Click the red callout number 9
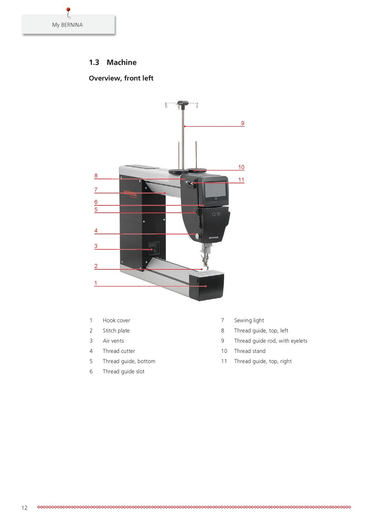[x=242, y=123]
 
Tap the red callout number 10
[x=241, y=167]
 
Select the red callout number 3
[x=96, y=246]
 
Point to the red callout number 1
[x=95, y=283]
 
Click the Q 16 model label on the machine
[x=216, y=214]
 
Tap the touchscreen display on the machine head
[x=215, y=190]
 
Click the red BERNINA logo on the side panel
[x=130, y=194]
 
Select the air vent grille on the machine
[x=154, y=248]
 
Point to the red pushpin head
[x=68, y=10]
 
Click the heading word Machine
[x=121, y=62]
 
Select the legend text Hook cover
[x=116, y=320]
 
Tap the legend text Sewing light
[x=249, y=320]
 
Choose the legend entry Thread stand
[x=250, y=351]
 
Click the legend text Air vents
[x=113, y=341]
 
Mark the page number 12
[x=24, y=508]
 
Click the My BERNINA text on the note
[x=67, y=25]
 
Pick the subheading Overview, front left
[x=121, y=78]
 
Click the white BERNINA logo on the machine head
[x=213, y=237]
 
